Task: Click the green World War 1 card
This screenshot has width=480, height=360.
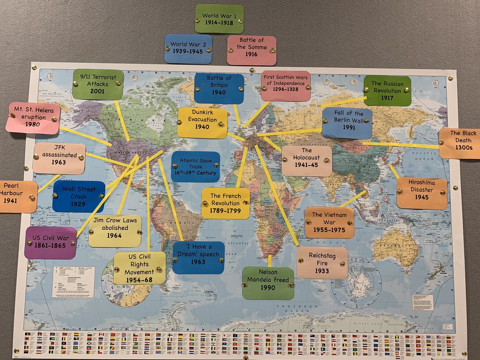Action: pyautogui.click(x=219, y=19)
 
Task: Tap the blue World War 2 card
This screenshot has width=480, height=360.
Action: pyautogui.click(x=188, y=49)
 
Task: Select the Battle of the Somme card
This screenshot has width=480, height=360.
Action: pyautogui.click(x=252, y=50)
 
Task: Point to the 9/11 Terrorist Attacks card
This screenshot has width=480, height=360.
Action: pyautogui.click(x=98, y=84)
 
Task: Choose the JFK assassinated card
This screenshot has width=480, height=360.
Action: pyautogui.click(x=59, y=158)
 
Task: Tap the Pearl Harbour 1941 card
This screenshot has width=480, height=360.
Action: pyautogui.click(x=18, y=196)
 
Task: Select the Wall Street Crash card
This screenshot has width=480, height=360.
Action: pyautogui.click(x=79, y=196)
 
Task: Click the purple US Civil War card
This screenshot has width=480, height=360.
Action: pyautogui.click(x=50, y=242)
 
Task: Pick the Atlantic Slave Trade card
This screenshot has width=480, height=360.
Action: pyautogui.click(x=195, y=167)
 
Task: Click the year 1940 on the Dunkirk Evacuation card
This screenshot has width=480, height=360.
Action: pyautogui.click(x=202, y=127)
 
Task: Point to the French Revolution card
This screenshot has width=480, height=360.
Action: pyautogui.click(x=226, y=203)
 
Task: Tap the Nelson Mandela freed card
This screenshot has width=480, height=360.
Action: pyautogui.click(x=268, y=283)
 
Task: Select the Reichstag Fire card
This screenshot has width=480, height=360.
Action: pyautogui.click(x=322, y=262)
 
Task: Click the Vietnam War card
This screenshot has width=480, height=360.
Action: pyautogui.click(x=329, y=222)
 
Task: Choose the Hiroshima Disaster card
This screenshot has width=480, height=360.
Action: pyautogui.click(x=422, y=193)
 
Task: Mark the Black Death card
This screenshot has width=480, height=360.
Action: pyautogui.click(x=460, y=144)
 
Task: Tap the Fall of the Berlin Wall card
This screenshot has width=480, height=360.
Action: pyautogui.click(x=347, y=123)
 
